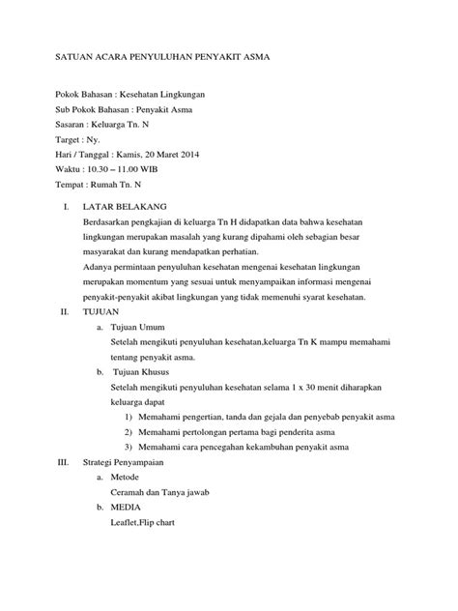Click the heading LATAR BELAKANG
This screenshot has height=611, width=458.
point(127,207)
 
